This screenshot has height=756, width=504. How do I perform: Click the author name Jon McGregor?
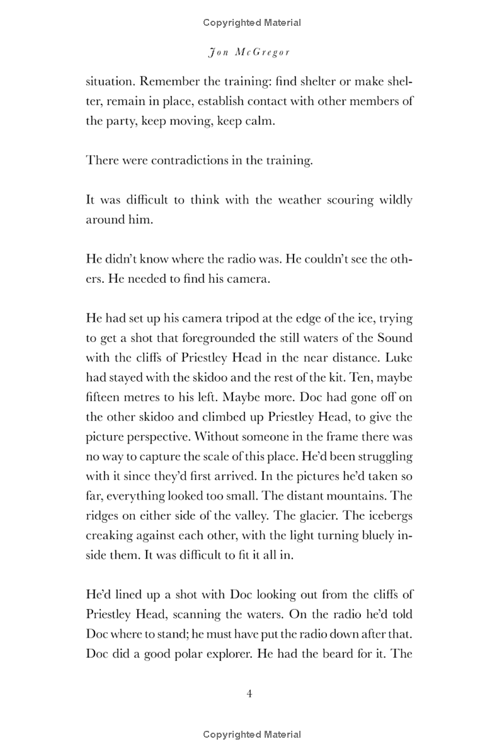(x=249, y=52)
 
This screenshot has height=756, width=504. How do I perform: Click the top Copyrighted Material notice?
(x=252, y=23)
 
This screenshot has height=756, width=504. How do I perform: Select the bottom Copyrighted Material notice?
(x=252, y=734)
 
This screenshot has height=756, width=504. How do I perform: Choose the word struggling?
(x=379, y=456)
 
